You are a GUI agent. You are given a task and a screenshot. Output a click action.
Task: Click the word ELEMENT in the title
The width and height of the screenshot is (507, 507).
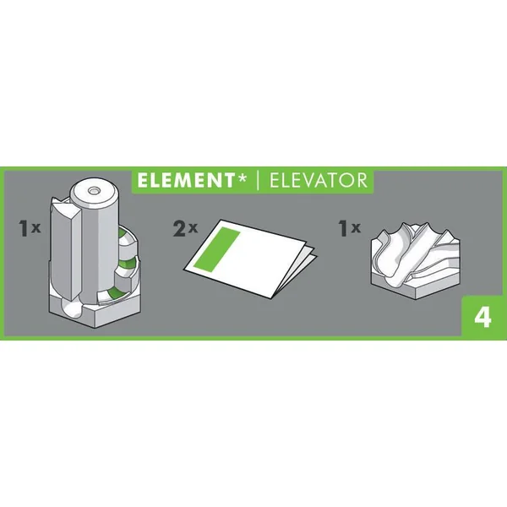(186, 181)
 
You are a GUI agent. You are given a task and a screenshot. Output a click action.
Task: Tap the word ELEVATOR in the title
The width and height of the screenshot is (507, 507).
(319, 181)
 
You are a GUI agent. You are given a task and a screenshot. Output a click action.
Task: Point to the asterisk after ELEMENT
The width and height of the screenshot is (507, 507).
(242, 177)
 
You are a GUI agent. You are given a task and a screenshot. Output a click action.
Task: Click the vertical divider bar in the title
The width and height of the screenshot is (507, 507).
(258, 181)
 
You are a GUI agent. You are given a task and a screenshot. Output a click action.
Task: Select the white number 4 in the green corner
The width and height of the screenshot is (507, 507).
(482, 318)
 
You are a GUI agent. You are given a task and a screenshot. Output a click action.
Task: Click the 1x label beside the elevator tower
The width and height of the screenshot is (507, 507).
(30, 228)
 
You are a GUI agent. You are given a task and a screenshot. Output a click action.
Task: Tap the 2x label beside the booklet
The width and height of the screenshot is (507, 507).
(185, 228)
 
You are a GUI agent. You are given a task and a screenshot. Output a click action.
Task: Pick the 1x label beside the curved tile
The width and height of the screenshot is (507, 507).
(349, 228)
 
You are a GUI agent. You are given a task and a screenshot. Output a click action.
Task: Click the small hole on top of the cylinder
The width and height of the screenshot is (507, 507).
(94, 191)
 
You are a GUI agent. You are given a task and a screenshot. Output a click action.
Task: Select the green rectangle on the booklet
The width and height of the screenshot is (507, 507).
(216, 249)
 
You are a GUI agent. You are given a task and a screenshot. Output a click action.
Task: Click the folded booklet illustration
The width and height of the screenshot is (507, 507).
(249, 259)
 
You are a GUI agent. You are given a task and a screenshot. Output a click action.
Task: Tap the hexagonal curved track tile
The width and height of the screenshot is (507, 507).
(416, 260)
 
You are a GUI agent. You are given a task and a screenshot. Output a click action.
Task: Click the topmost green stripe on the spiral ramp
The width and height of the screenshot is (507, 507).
(123, 233)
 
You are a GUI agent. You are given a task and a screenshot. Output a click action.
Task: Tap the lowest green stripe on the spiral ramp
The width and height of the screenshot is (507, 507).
(116, 292)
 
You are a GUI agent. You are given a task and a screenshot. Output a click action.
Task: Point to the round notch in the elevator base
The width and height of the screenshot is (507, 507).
(73, 308)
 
